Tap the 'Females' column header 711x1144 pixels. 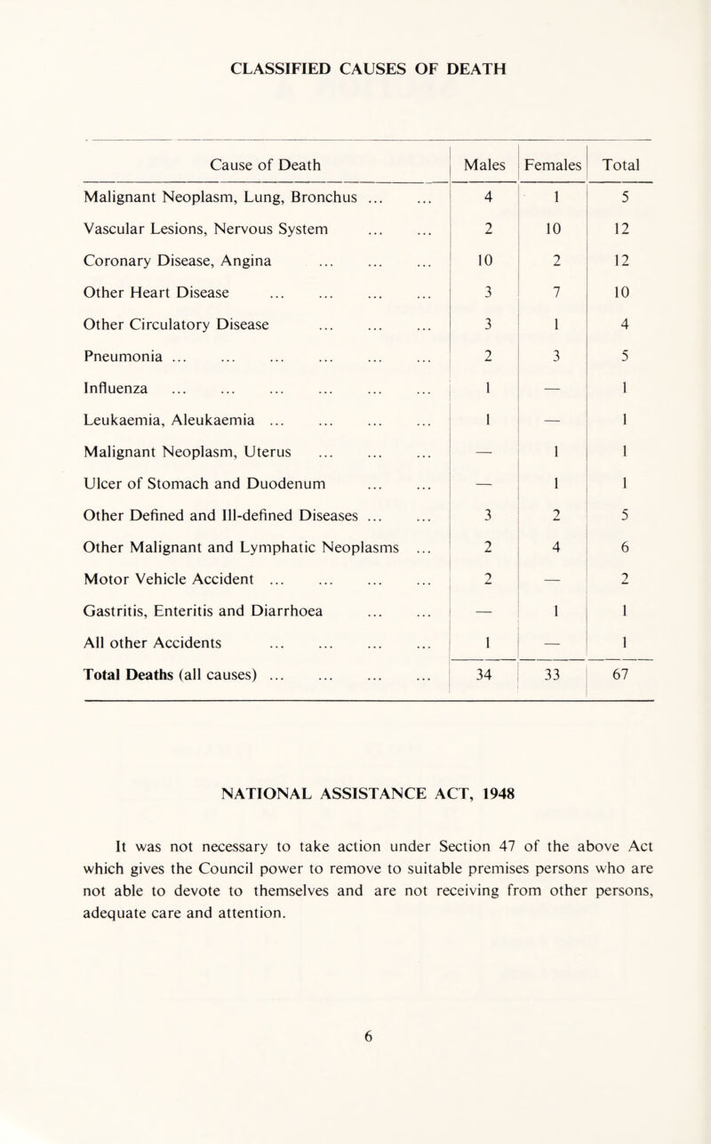click(x=554, y=165)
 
